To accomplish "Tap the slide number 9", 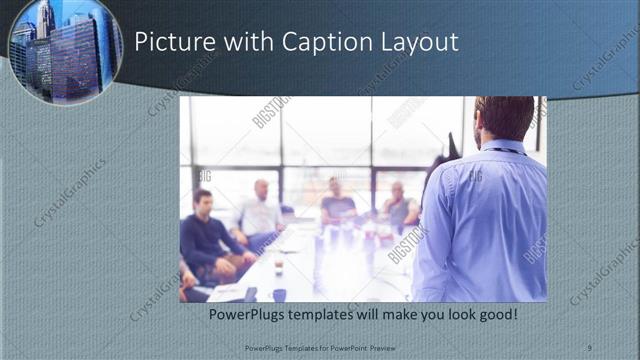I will [589, 346].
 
